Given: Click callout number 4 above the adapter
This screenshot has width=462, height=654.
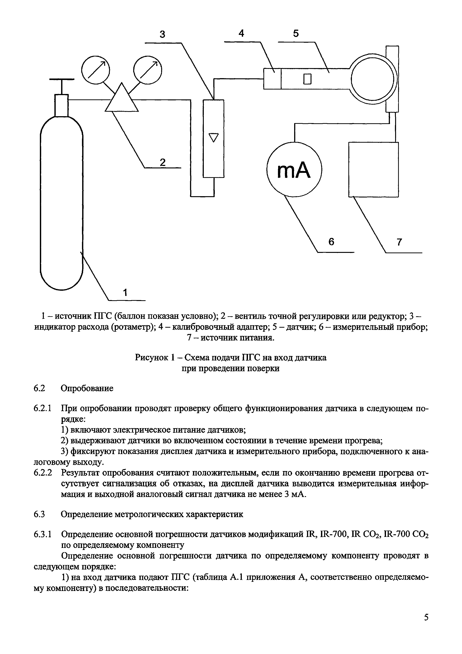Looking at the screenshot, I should point(241,34).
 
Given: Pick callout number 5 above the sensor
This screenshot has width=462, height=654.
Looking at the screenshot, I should point(296,34).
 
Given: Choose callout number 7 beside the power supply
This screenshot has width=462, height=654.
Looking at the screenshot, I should point(399,242).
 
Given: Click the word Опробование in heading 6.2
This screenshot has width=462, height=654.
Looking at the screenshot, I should point(87,388).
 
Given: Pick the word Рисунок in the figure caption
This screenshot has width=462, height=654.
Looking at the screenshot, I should point(151,357).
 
